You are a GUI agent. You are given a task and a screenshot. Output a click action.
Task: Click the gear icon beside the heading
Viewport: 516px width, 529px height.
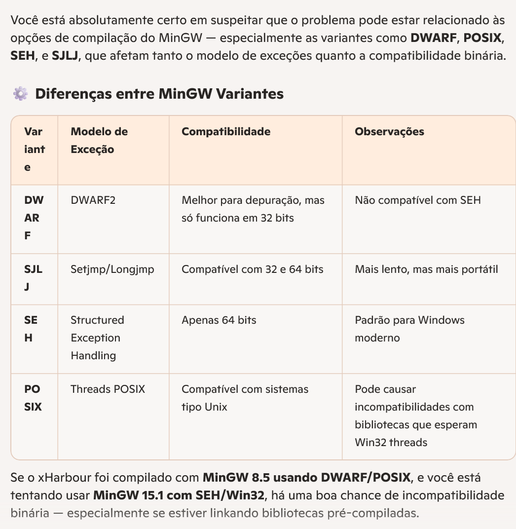20,94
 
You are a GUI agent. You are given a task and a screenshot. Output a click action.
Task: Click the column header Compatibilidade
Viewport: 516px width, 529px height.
226,132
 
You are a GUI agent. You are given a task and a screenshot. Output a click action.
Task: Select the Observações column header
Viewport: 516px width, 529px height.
389,132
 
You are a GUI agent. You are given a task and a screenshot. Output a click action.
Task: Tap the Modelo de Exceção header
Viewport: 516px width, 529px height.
99,141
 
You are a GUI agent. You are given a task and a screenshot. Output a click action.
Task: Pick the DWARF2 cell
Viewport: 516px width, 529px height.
93,200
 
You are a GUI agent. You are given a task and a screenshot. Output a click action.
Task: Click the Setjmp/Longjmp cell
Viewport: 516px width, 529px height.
112,269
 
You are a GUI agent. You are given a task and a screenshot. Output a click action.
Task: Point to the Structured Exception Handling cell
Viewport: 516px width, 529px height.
97,338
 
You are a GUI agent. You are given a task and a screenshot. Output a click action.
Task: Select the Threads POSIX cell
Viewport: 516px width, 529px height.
108,389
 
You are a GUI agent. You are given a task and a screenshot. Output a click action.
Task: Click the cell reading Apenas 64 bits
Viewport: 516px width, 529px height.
219,320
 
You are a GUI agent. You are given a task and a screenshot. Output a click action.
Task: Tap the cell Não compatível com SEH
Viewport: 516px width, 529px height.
417,200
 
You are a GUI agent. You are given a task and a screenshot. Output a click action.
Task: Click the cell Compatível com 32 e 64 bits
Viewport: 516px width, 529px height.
252,269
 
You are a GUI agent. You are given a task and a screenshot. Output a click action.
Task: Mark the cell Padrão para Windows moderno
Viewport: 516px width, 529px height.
409,329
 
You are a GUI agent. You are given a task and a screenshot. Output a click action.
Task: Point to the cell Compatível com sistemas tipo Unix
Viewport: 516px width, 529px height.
245,398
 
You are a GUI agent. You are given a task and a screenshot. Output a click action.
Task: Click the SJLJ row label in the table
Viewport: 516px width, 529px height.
33,278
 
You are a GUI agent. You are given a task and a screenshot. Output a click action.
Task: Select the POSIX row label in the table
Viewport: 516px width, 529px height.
33,398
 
